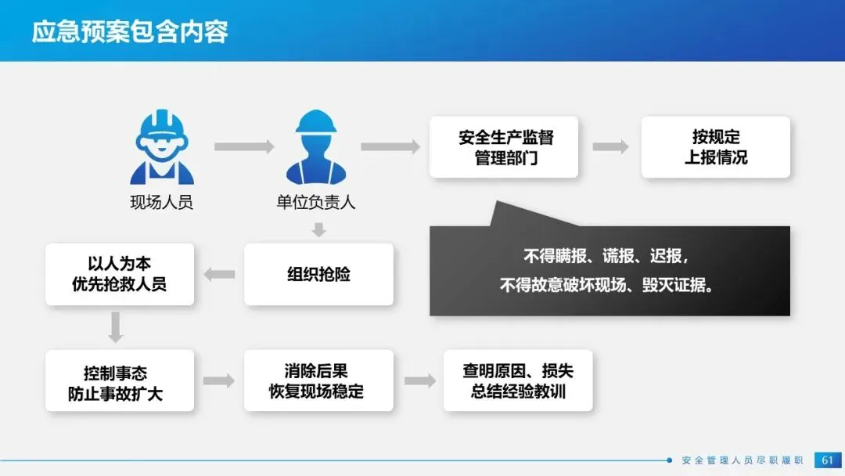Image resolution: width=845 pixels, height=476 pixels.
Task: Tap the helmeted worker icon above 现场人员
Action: point(162,148)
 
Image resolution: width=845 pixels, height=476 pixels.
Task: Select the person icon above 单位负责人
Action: point(316,147)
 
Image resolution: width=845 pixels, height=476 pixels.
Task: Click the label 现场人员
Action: point(161,203)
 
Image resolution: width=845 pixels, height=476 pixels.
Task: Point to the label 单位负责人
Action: point(316,203)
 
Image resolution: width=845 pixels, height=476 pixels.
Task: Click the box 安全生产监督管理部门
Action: point(504,147)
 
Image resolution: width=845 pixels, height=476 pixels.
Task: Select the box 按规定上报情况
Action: point(715,147)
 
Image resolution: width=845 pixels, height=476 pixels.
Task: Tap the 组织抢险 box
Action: point(318,274)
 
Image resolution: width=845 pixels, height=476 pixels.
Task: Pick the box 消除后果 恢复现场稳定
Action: point(318,381)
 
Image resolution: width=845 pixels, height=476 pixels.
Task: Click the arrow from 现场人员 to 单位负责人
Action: point(244,146)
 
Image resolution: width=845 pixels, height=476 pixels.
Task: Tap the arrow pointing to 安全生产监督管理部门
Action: point(390,146)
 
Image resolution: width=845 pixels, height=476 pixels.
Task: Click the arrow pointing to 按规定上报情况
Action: point(610,146)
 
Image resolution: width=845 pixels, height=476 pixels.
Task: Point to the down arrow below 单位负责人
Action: point(318,229)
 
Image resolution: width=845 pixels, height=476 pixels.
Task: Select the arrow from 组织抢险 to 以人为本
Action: point(220,274)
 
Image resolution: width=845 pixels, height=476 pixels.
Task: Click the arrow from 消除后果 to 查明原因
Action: point(420,381)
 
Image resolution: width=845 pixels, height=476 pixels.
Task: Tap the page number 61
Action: point(827,460)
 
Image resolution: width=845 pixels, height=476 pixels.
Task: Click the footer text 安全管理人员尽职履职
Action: point(743,460)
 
